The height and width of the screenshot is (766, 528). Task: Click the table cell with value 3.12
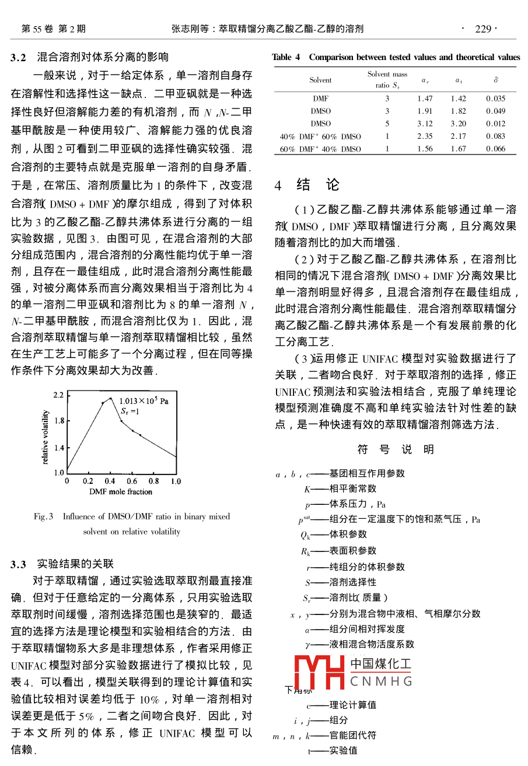coord(425,124)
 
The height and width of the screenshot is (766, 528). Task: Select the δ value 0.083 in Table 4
coord(495,136)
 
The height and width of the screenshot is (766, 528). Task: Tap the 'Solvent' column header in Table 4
coord(320,80)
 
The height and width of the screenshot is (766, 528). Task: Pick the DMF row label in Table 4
coord(320,99)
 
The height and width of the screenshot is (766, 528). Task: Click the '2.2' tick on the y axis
coord(58,395)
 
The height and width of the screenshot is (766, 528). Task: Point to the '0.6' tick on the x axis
coord(132,482)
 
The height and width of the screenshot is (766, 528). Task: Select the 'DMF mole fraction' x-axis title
coord(121,492)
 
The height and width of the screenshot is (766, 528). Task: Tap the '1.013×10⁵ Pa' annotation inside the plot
coord(144,401)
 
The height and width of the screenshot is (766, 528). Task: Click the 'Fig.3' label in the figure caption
coord(44,516)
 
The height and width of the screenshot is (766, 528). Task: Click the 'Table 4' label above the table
coord(286,57)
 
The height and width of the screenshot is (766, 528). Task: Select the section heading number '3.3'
coord(19,564)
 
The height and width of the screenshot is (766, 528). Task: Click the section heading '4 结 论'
coord(307,185)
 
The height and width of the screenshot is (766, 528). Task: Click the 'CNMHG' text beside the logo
coord(381,680)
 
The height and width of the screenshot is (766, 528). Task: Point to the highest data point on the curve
coord(110,398)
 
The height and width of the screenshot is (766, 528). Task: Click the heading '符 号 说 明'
coord(396,449)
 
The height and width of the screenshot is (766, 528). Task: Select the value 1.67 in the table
coord(458,149)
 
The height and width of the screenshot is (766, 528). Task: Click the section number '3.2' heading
coord(19,57)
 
